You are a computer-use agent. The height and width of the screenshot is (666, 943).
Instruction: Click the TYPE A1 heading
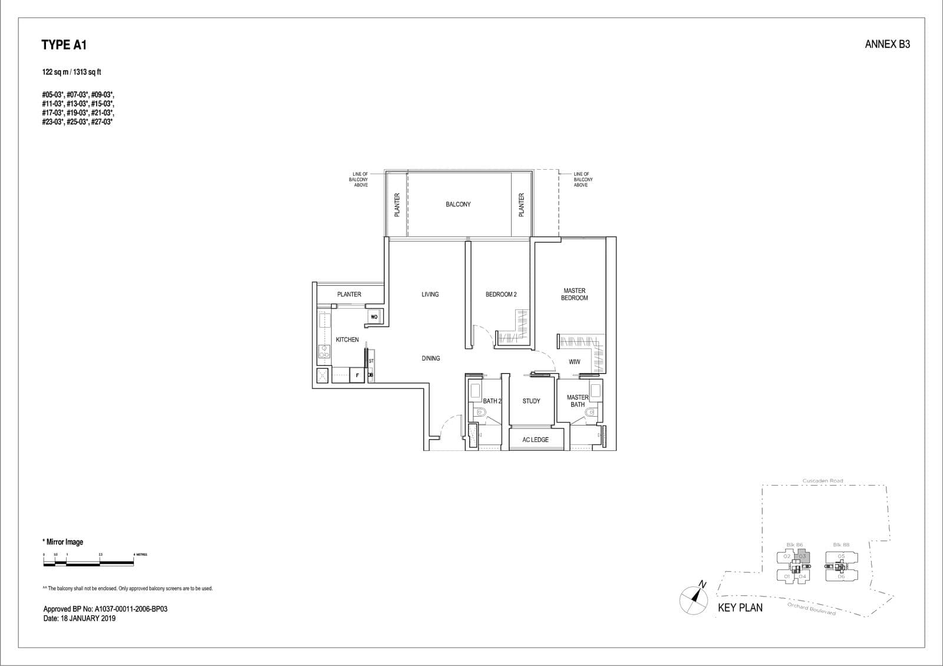pyautogui.click(x=64, y=45)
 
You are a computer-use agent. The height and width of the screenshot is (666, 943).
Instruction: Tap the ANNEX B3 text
pyautogui.click(x=887, y=44)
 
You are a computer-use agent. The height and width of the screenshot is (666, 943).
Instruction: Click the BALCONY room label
pyautogui.click(x=458, y=205)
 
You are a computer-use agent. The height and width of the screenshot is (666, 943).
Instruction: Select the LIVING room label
pyautogui.click(x=430, y=294)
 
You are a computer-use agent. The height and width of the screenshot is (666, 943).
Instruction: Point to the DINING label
pyautogui.click(x=430, y=358)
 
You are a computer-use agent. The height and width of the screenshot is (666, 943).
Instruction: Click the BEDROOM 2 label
pyautogui.click(x=500, y=294)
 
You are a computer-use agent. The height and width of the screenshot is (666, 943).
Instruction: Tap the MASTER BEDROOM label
pyautogui.click(x=574, y=294)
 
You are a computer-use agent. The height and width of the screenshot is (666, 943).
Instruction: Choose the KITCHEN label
pyautogui.click(x=347, y=339)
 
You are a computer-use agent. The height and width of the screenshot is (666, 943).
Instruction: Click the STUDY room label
pyautogui.click(x=531, y=401)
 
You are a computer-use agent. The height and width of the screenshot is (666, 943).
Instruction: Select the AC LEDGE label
pyautogui.click(x=535, y=440)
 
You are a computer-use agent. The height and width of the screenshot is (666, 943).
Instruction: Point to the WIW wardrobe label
pyautogui.click(x=574, y=362)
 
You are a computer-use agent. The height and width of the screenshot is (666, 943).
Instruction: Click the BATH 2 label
pyautogui.click(x=492, y=401)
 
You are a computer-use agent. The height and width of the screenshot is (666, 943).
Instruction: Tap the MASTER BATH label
pyautogui.click(x=577, y=401)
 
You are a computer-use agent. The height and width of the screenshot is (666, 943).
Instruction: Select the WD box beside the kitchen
pyautogui.click(x=374, y=317)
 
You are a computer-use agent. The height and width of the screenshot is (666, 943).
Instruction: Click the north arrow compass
pyautogui.click(x=694, y=599)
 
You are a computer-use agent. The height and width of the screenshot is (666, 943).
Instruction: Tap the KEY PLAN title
pyautogui.click(x=740, y=608)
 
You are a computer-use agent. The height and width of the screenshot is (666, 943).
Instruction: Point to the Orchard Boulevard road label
pyautogui.click(x=811, y=609)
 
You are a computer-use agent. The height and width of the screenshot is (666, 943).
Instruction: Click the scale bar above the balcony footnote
pyautogui.click(x=88, y=563)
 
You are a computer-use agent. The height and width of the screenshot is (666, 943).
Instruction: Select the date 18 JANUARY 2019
pyautogui.click(x=80, y=618)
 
